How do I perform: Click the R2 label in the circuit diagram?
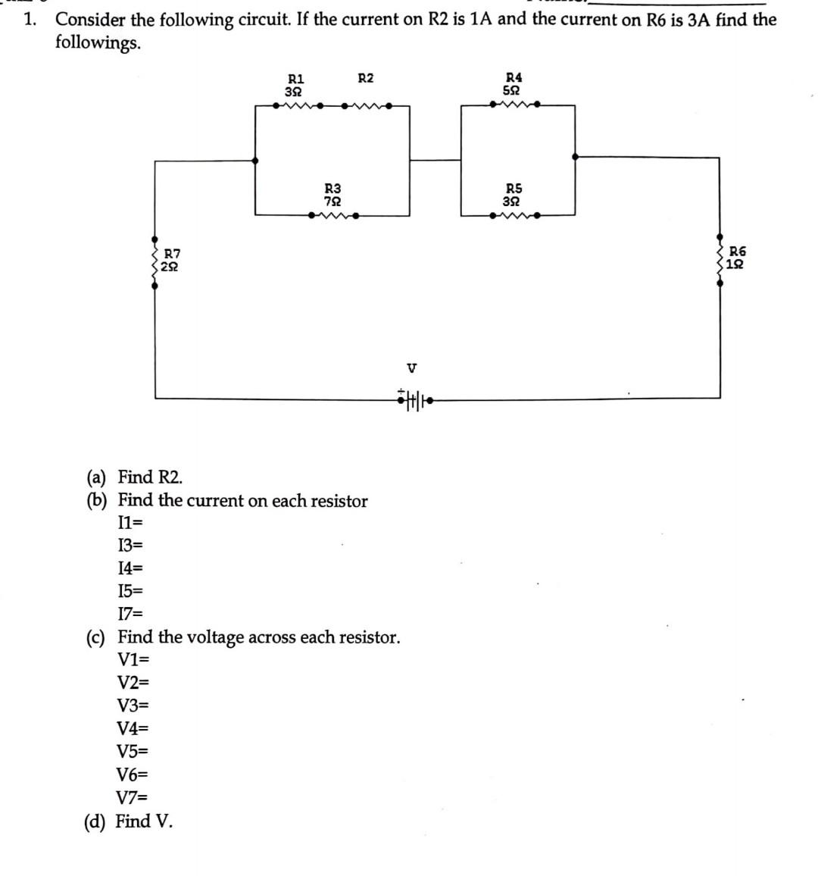tap(365, 78)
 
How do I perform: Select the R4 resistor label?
tap(514, 77)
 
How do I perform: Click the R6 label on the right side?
tap(737, 251)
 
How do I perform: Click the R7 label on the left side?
tap(172, 253)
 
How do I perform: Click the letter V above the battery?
tap(411, 368)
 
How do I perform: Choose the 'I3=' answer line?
tap(130, 545)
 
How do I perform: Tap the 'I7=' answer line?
tap(130, 613)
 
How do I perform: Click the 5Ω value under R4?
tap(513, 90)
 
